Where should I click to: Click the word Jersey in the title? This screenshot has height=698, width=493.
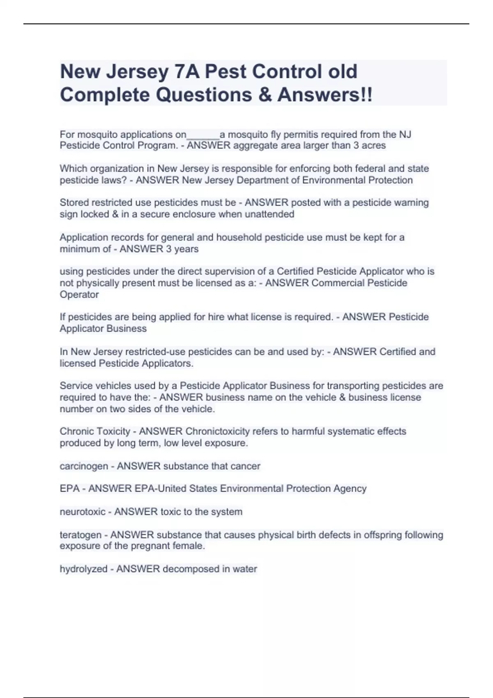137,72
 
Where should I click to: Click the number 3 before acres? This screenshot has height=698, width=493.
356,146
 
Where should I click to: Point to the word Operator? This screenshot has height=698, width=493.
79,295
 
